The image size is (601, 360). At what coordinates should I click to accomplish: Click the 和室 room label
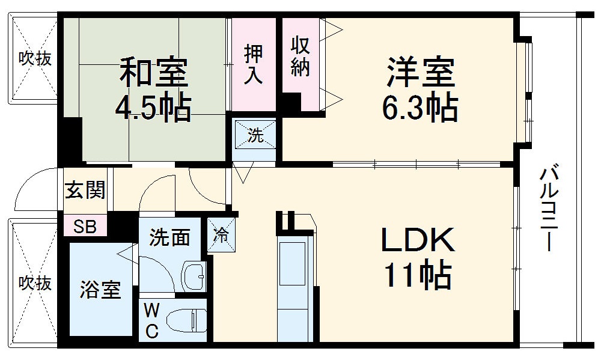point(154,72)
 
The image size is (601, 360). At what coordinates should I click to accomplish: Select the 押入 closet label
point(253,64)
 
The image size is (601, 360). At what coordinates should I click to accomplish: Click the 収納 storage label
point(300,56)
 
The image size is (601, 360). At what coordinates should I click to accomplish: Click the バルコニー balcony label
point(548,209)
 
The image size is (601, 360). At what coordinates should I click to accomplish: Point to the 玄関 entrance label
point(85,190)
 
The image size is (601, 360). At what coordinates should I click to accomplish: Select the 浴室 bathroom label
point(101,290)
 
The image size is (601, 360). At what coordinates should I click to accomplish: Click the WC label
point(152,321)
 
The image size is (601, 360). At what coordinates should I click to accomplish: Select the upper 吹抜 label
point(34,58)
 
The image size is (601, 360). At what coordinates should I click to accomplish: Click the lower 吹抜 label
point(34,282)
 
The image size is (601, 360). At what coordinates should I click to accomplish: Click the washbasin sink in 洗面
point(194,276)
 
